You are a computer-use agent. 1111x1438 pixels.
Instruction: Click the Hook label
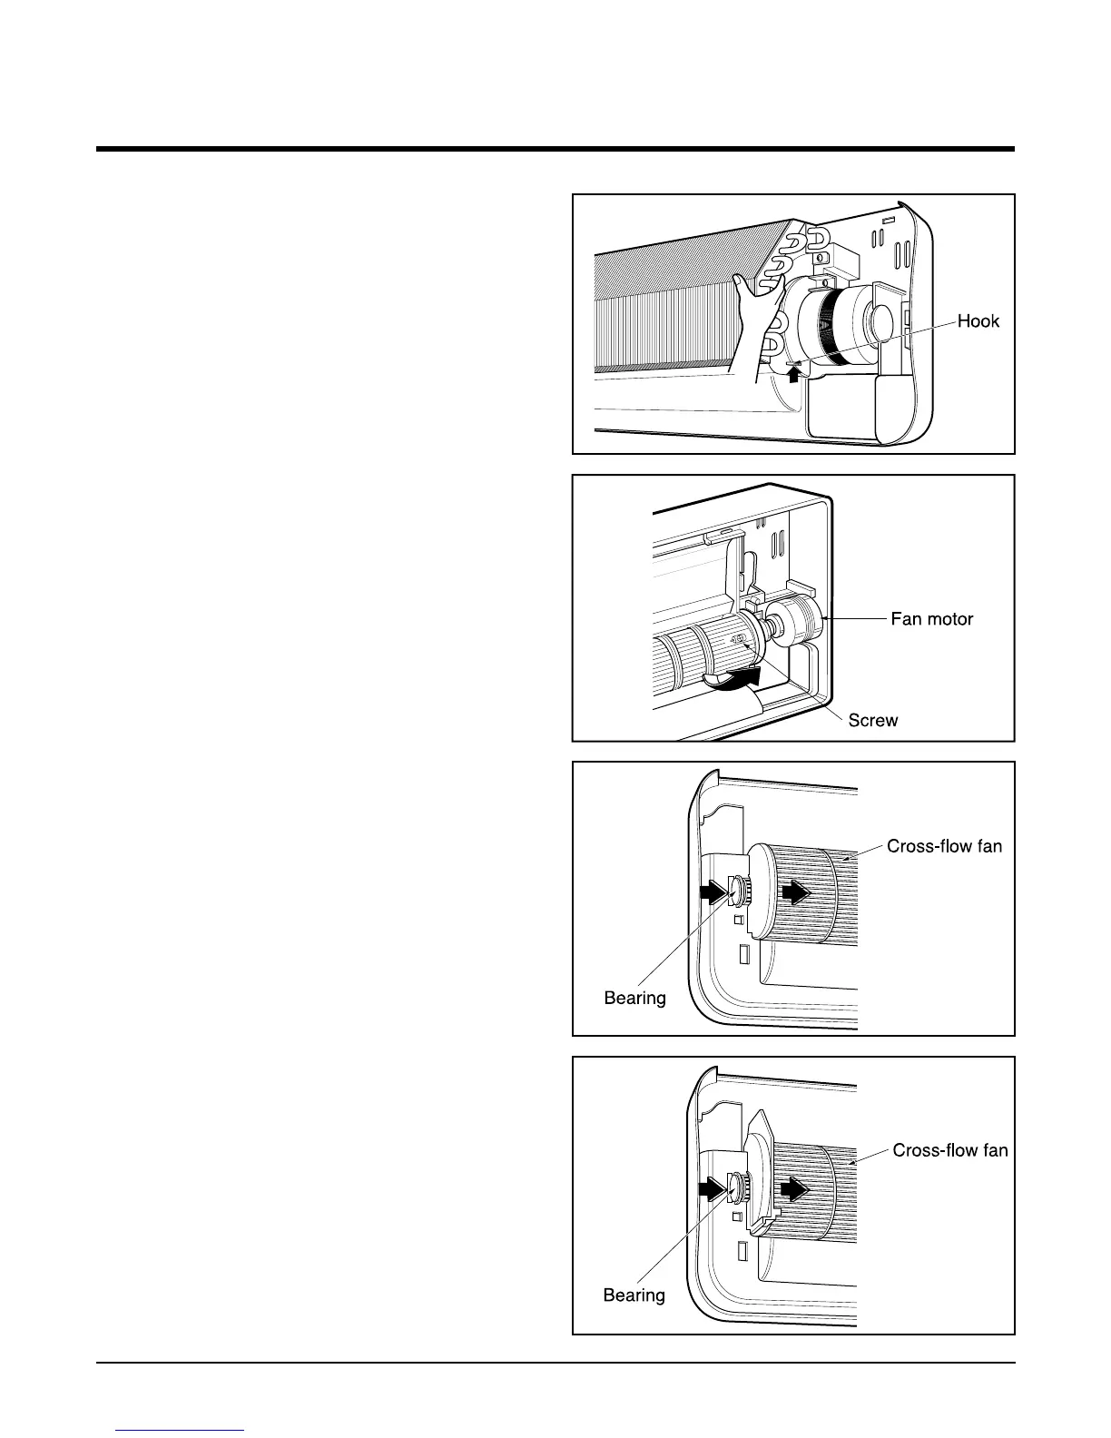(978, 321)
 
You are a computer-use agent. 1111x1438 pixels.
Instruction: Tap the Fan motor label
(931, 619)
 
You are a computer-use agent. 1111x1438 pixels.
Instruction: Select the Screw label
(872, 721)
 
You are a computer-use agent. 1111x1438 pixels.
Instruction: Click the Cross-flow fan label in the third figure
(944, 846)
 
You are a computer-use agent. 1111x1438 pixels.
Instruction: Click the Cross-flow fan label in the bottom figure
(950, 1150)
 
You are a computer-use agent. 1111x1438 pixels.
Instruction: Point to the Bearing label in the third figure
(634, 999)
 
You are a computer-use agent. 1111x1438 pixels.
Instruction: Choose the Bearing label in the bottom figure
(634, 1295)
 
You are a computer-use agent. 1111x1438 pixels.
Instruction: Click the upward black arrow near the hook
(794, 372)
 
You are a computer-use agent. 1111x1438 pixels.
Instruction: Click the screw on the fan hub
(738, 641)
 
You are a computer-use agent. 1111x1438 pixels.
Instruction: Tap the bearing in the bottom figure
(737, 1187)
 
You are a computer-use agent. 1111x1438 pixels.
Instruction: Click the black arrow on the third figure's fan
(796, 893)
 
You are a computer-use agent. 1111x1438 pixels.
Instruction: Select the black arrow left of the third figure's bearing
(714, 893)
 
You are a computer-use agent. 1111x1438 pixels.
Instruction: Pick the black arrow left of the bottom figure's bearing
(713, 1188)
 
